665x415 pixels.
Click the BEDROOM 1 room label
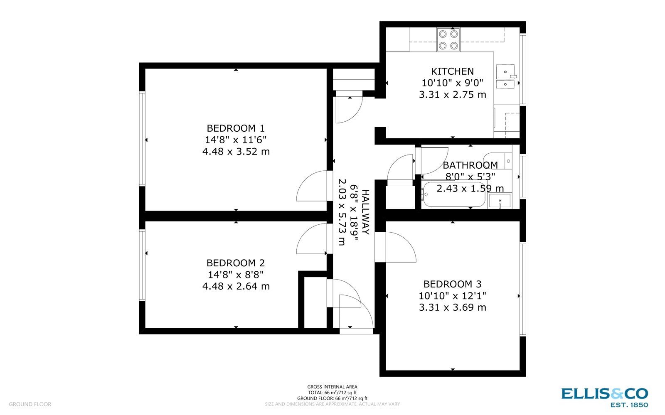(236, 128)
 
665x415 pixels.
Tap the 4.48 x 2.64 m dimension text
(236, 286)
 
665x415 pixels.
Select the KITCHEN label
(452, 71)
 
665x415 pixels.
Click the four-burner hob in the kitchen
(448, 40)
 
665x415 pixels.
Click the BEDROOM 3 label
(452, 284)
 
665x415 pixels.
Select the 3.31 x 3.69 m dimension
(452, 307)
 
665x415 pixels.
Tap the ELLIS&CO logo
(604, 394)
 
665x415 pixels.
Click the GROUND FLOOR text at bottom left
(30, 404)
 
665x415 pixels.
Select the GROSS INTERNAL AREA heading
(332, 387)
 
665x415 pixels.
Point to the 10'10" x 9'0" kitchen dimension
(452, 83)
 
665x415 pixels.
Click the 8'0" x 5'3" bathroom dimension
(470, 177)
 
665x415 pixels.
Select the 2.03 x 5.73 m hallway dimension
(342, 212)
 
